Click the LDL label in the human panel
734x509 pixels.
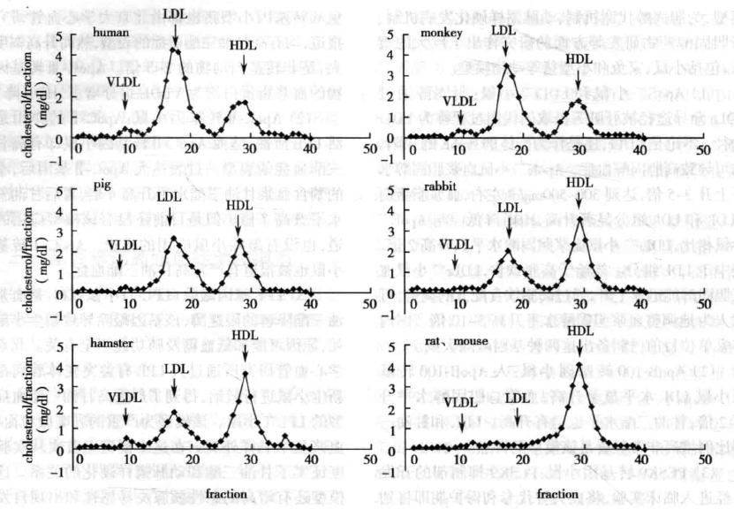174,14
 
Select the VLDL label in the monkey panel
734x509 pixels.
458,101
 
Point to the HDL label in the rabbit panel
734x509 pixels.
579,183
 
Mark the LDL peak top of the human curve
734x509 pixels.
174,49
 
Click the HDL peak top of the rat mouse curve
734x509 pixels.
579,364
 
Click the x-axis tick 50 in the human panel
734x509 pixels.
368,149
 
